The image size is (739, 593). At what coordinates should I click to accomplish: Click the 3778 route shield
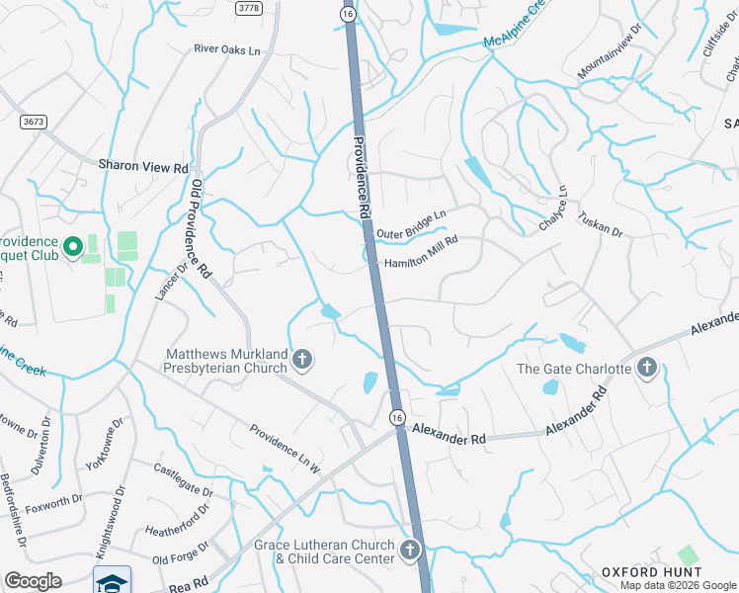248,7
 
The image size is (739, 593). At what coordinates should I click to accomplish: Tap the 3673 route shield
35,122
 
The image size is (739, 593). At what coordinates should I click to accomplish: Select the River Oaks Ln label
227,48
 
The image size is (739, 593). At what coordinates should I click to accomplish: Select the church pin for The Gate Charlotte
647,369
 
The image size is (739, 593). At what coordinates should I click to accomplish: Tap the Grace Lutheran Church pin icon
410,551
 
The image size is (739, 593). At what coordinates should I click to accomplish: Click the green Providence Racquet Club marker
71,247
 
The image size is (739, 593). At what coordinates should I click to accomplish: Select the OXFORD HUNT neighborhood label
652,572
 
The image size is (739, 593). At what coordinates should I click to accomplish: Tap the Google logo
33,581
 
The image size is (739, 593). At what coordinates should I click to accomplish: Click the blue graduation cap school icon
112,580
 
